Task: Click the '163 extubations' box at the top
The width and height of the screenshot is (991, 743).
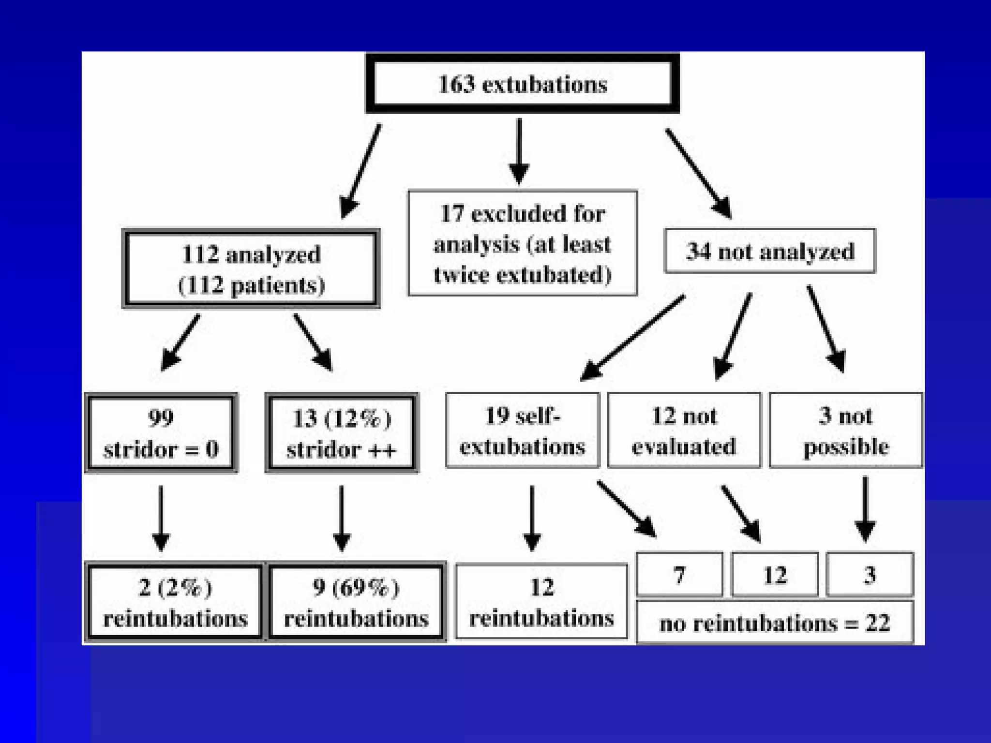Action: click(522, 84)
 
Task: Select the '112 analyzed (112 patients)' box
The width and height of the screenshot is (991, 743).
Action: click(251, 269)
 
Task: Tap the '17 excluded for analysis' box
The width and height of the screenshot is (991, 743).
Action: click(523, 243)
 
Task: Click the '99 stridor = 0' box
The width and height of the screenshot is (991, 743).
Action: click(161, 433)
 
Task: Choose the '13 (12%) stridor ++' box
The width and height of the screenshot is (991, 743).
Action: click(342, 433)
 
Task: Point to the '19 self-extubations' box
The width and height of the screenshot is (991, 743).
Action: click(523, 431)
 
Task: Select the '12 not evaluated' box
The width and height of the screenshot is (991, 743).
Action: click(684, 431)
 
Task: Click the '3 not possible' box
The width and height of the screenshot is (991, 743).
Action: click(846, 431)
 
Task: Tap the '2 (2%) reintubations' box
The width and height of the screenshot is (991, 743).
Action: click(175, 602)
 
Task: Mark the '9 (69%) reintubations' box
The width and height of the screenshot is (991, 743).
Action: click(356, 602)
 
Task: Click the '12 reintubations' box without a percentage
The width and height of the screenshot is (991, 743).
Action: click(541, 602)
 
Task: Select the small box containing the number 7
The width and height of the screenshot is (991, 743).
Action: click(679, 575)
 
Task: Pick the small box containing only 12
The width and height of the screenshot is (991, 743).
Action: click(775, 575)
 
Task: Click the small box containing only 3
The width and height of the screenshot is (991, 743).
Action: click(870, 575)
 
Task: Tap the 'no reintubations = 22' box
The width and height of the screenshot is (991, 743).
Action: click(775, 623)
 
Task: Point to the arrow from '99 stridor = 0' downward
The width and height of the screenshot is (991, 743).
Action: click(161, 518)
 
